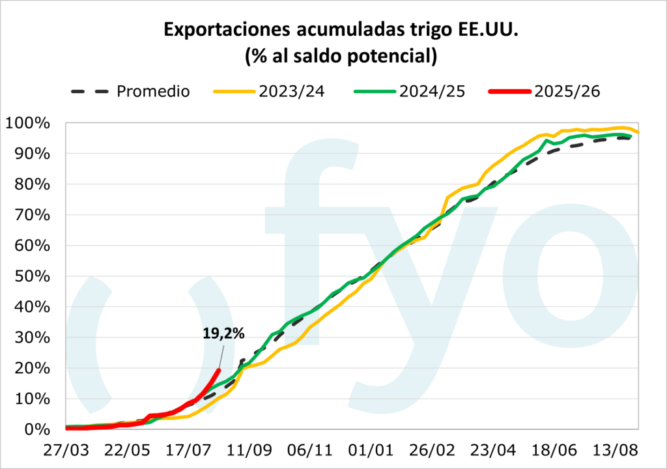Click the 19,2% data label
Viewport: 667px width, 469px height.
[x=223, y=335]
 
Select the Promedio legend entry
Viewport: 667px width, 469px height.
[x=153, y=91]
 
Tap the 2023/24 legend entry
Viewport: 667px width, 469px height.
[x=291, y=91]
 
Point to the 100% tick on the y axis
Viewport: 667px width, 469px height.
[x=29, y=123]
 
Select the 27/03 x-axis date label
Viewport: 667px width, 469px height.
[x=66, y=451]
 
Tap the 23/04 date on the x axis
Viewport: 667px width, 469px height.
[x=493, y=451]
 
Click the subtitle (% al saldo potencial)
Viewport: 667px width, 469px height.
[x=340, y=57]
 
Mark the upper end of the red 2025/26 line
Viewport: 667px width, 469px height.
[x=218, y=370]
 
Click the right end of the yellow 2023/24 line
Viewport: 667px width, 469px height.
[x=638, y=132]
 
